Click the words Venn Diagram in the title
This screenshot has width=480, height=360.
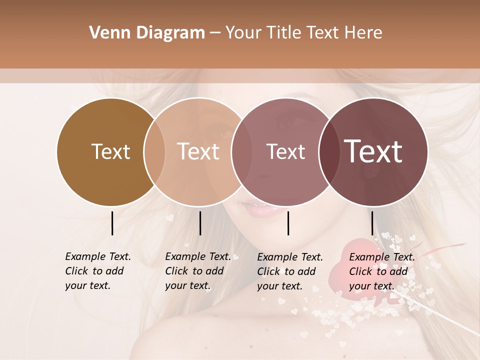tap(147, 33)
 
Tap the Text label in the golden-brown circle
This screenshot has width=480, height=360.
tap(110, 151)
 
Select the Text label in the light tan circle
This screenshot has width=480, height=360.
tap(198, 151)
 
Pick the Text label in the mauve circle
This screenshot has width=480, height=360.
tap(285, 151)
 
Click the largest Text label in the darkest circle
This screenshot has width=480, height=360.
tap(373, 151)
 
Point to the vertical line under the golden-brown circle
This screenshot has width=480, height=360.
tap(112, 223)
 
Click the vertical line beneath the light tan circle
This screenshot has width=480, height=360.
tap(200, 223)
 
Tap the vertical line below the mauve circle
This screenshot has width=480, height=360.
tap(288, 223)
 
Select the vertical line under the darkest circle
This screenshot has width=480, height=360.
tap(372, 223)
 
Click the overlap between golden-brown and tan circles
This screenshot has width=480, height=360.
tap(154, 152)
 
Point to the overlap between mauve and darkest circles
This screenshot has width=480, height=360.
tap(330, 152)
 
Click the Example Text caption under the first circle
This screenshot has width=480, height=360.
tap(98, 271)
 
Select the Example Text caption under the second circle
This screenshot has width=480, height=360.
tap(198, 271)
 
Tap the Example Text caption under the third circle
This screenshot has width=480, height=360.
tap(290, 271)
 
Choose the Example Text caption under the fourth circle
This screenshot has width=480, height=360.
tap(382, 271)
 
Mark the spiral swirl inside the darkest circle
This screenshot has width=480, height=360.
tap(370, 172)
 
